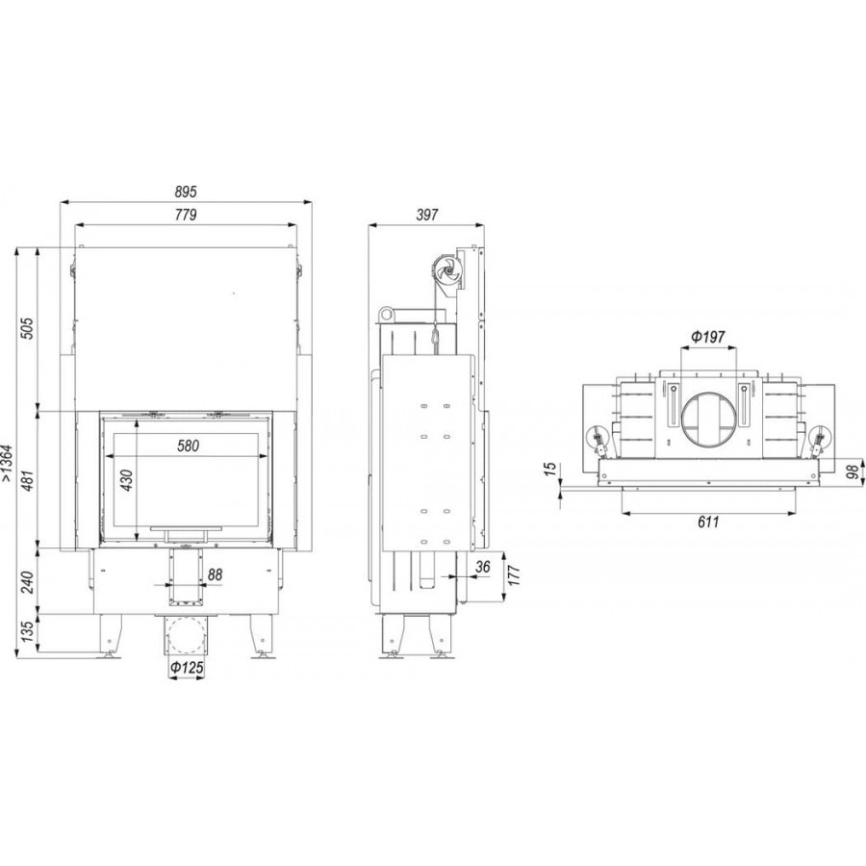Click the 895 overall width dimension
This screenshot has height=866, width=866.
(x=186, y=191)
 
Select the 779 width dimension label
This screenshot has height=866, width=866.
(x=186, y=215)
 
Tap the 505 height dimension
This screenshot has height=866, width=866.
(x=28, y=328)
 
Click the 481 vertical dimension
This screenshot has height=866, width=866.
(x=28, y=479)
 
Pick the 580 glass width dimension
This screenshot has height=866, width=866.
(x=188, y=446)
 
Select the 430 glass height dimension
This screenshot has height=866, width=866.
(x=126, y=480)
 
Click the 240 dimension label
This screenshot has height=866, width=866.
(x=28, y=581)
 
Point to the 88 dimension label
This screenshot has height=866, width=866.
(x=215, y=574)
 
